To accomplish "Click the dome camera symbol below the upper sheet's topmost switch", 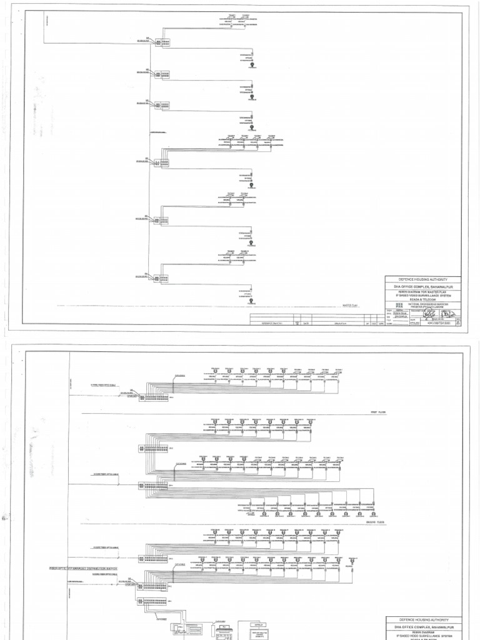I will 251,64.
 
